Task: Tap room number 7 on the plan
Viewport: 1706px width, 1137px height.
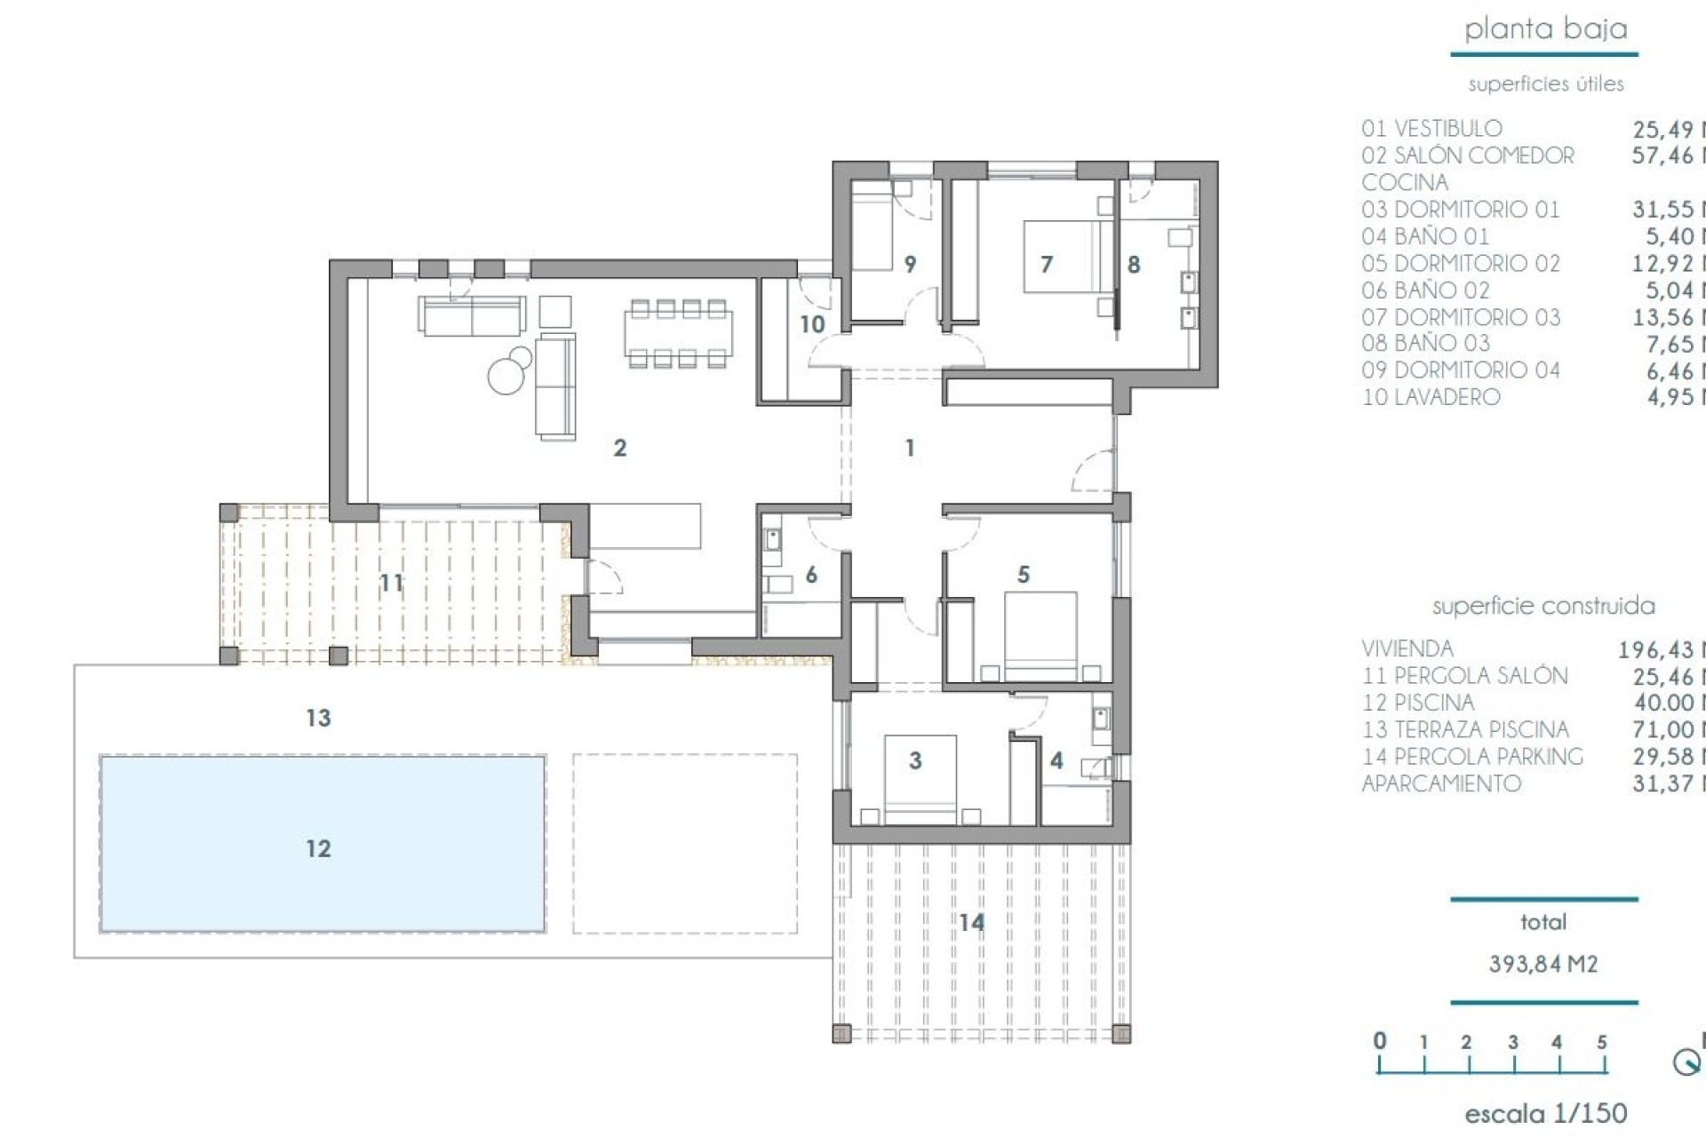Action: [1047, 264]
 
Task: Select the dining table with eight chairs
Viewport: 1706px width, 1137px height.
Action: [679, 333]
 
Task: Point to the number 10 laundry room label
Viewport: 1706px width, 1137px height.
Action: [812, 324]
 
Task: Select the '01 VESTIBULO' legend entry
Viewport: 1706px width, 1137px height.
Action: [1431, 129]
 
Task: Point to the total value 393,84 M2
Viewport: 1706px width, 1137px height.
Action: [1543, 964]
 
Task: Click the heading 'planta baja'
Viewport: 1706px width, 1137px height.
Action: [1545, 29]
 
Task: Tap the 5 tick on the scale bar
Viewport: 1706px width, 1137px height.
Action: [1601, 1043]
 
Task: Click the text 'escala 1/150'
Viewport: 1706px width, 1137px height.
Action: [1545, 1112]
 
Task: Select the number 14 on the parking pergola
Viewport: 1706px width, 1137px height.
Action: [971, 923]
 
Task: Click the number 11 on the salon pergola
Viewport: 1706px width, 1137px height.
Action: [391, 583]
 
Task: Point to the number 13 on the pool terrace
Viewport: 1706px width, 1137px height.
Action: [318, 717]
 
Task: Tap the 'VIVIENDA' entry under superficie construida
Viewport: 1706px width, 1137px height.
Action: [1407, 649]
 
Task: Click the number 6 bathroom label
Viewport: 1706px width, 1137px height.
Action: [810, 575]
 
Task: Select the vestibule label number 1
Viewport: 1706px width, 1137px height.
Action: [909, 448]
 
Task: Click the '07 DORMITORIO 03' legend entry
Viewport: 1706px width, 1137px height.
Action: [1461, 317]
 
